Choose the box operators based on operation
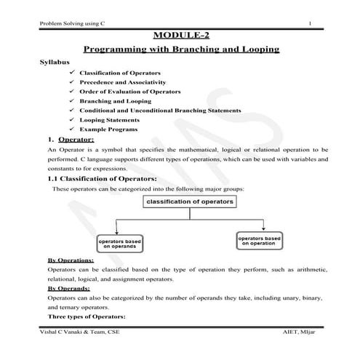click(260, 240)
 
